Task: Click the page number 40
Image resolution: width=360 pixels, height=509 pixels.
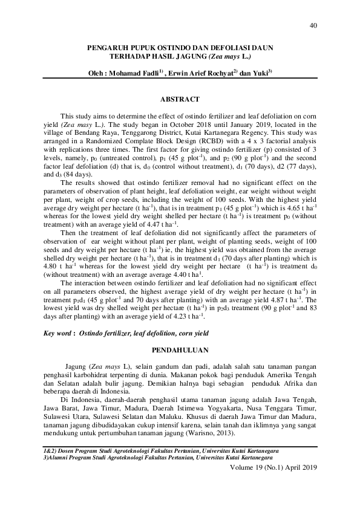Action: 313,25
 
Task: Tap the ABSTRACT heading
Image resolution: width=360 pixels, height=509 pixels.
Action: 179,97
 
